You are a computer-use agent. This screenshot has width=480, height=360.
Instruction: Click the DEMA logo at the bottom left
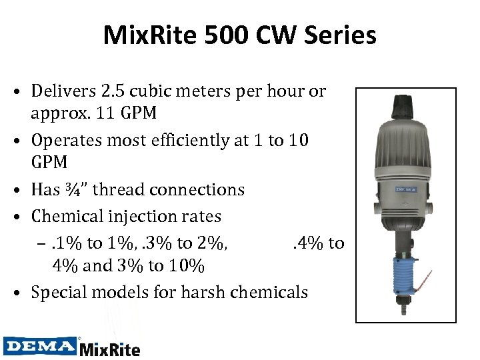(x=40, y=346)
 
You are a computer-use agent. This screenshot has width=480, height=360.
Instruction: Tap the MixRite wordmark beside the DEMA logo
(x=110, y=348)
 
